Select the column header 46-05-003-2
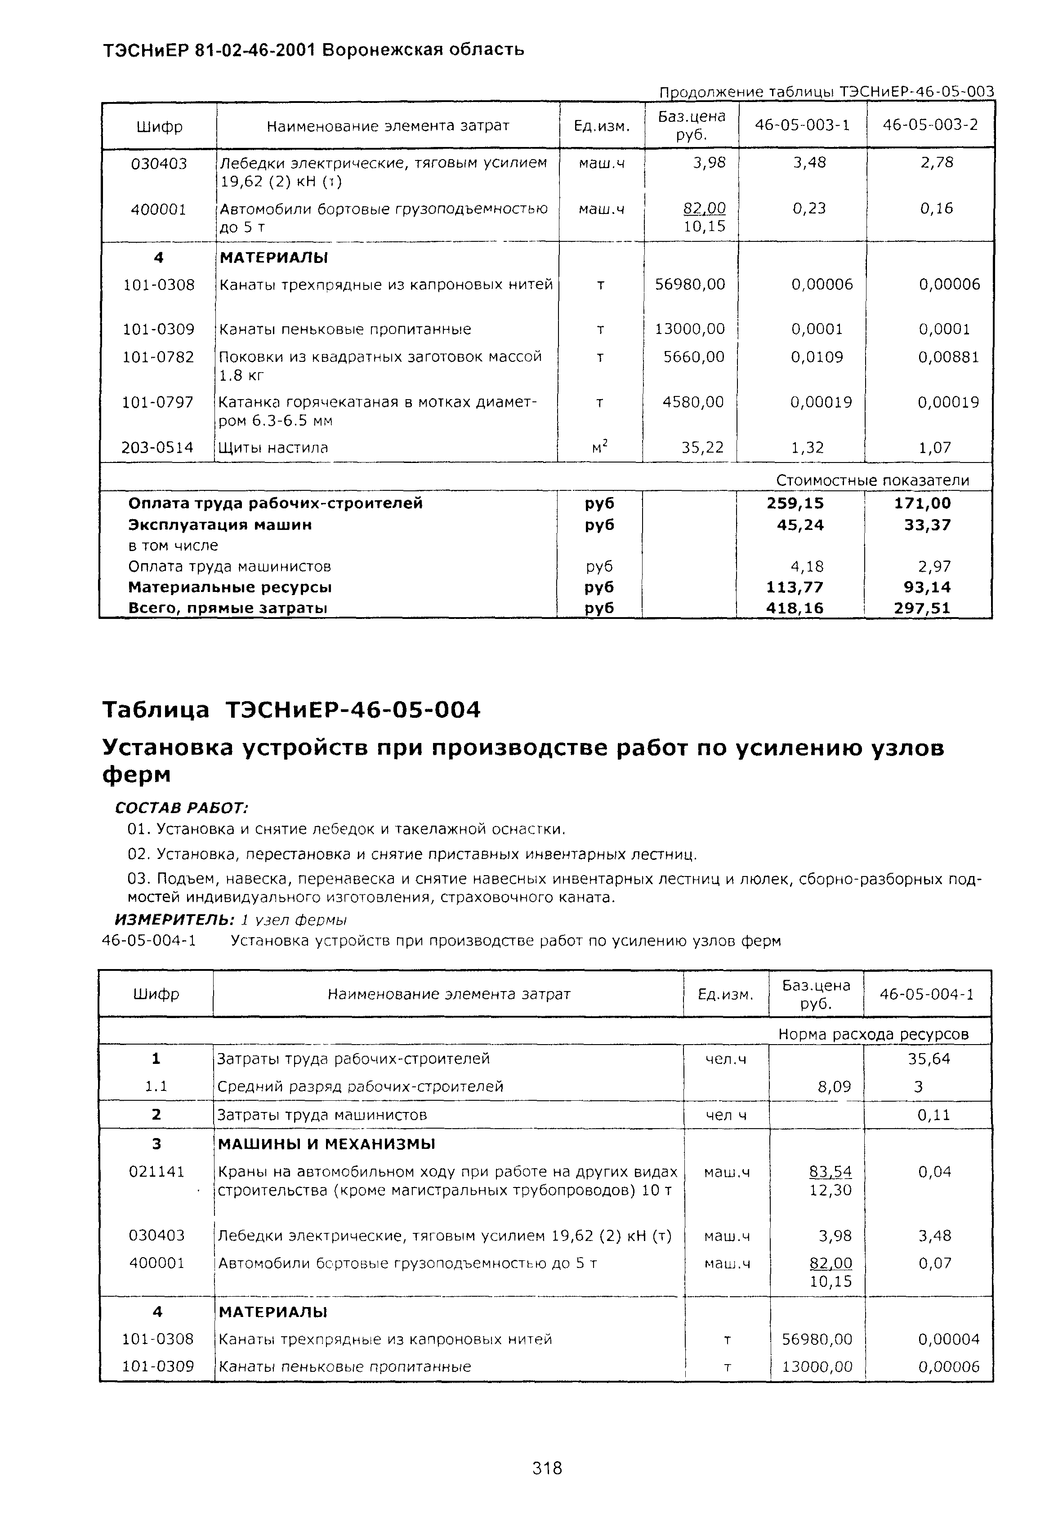[x=930, y=125]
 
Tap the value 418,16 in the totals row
[x=795, y=608]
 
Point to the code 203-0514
[x=157, y=448]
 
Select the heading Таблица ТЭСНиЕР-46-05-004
[x=292, y=710]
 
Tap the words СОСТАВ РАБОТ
[x=181, y=807]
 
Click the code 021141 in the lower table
[x=157, y=1171]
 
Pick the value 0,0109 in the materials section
[x=817, y=357]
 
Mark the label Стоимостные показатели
[x=872, y=480]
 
